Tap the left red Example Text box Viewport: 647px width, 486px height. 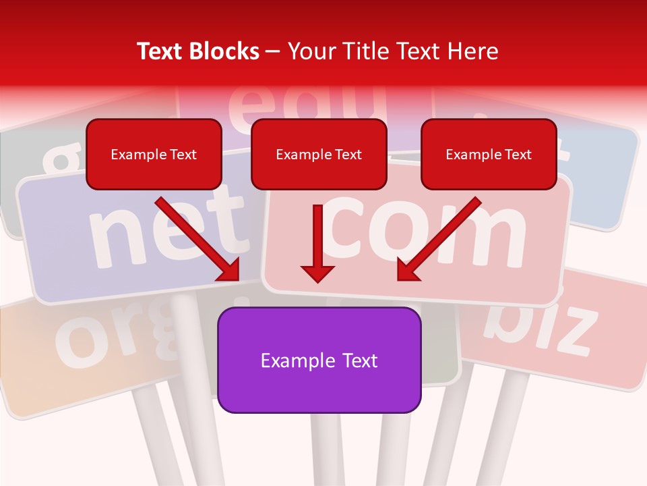pos(154,154)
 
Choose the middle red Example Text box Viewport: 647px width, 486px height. pos(319,154)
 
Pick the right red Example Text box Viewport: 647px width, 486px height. pos(489,154)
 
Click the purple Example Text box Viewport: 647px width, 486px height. pos(319,360)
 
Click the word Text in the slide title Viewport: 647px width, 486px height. pos(162,51)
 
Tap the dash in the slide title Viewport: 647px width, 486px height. pos(273,51)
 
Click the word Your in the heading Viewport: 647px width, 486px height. pos(309,51)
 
